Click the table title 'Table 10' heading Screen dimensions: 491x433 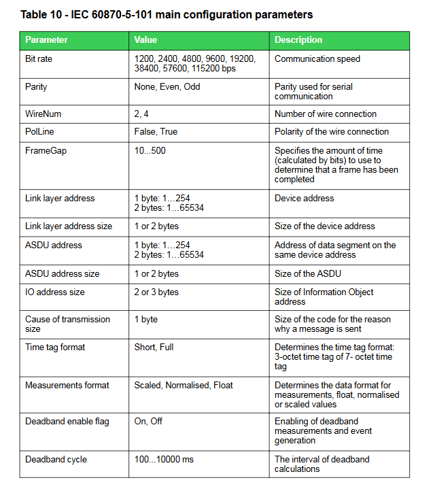167,14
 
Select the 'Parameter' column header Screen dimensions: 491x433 46,40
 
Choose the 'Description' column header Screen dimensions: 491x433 298,40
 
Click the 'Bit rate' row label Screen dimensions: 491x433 39,59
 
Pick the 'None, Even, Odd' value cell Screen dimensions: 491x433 167,87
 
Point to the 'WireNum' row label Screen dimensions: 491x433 43,114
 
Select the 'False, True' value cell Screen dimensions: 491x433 156,132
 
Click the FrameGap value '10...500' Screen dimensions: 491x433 150,150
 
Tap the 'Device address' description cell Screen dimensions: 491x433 304,199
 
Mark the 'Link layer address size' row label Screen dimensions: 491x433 69,226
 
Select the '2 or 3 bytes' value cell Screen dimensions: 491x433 156,292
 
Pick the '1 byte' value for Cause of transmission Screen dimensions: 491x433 146,319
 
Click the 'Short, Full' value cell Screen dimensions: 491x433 154,348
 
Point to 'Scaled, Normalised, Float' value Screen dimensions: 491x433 184,386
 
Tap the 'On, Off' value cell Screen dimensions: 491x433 148,422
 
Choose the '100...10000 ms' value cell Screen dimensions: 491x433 164,460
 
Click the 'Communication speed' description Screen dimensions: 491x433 317,59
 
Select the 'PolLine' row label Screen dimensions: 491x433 39,132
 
